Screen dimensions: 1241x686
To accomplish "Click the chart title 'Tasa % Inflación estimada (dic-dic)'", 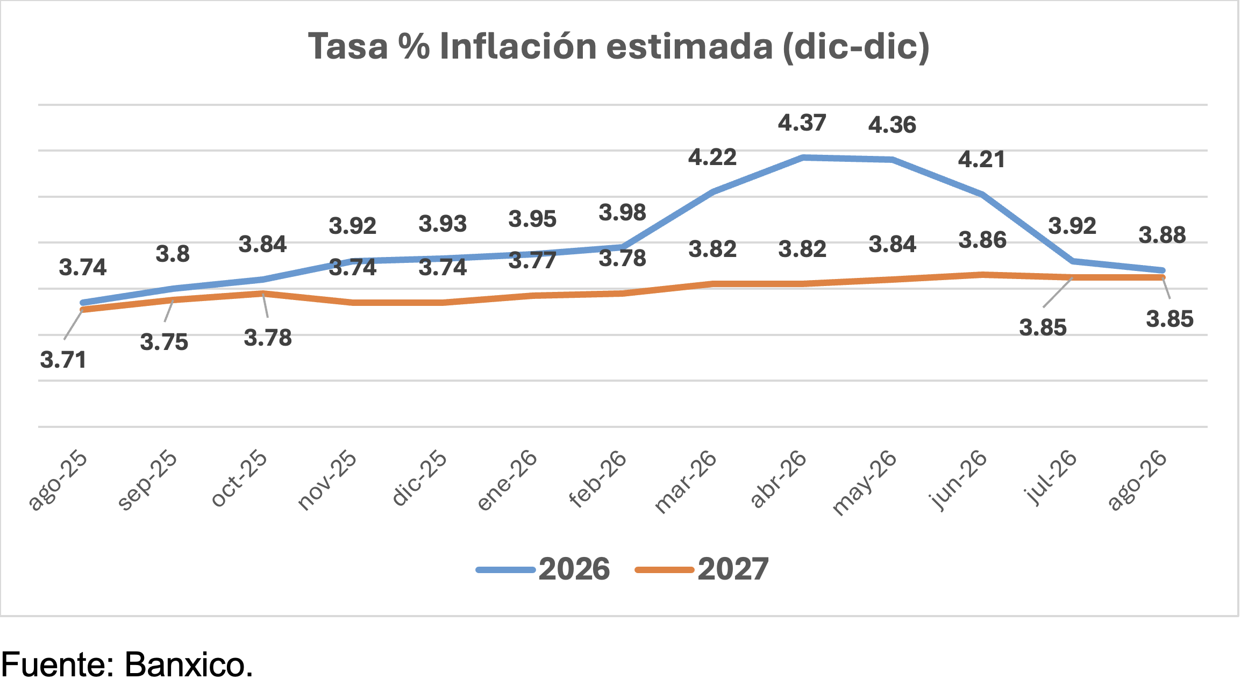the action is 619,47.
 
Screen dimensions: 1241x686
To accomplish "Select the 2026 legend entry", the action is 543,569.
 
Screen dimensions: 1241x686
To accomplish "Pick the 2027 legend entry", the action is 702,569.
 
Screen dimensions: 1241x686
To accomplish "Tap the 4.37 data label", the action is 802,123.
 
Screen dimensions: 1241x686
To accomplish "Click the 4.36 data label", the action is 892,125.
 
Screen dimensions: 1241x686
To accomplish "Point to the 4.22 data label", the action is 712,158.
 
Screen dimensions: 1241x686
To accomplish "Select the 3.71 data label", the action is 63,360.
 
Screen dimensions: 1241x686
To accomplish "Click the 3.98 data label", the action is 623,213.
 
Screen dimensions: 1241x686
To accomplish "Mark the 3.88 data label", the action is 1162,235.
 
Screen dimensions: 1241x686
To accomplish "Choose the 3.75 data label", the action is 164,342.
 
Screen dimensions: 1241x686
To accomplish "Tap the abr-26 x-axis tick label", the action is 779,479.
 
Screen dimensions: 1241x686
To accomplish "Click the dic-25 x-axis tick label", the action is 419,479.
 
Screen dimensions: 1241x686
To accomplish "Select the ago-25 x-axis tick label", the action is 58,480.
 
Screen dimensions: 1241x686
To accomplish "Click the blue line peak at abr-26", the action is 803,158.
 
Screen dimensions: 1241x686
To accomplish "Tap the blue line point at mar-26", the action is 713,191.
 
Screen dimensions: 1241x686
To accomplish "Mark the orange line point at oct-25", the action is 263,294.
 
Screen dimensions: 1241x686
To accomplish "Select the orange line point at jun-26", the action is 982,275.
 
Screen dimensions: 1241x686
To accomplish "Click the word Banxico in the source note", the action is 189,665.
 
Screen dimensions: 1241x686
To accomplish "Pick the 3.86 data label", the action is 982,240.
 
